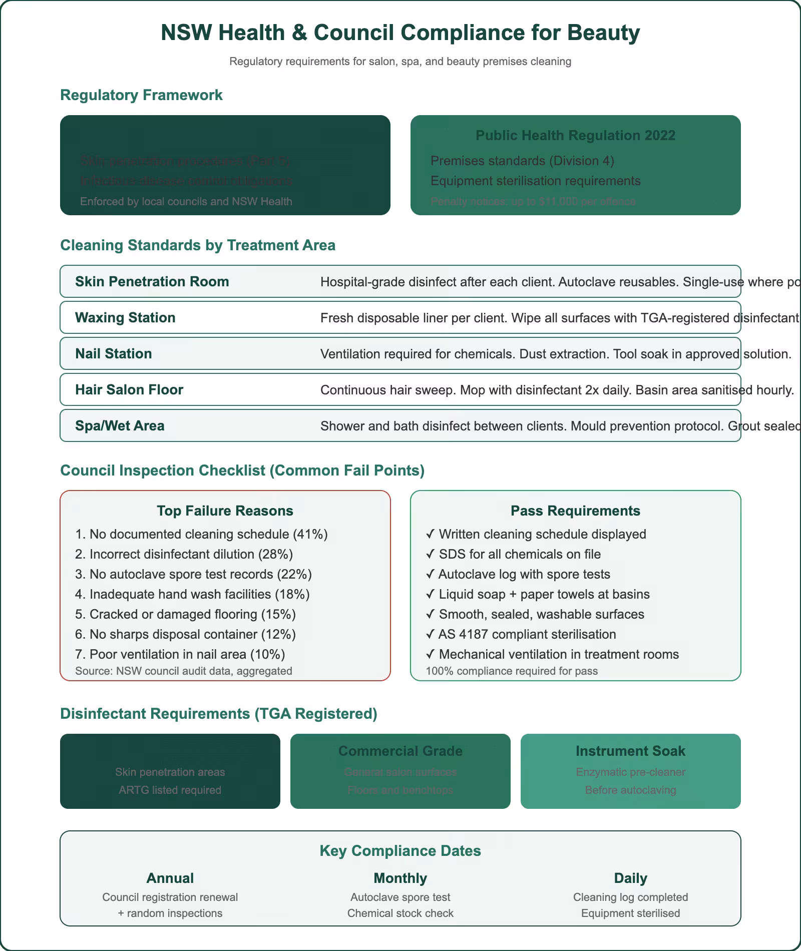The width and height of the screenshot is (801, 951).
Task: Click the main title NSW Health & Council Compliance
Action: tap(400, 33)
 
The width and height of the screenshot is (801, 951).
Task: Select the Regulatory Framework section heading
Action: tap(141, 95)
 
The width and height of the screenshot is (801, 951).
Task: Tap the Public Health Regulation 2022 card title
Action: tap(575, 136)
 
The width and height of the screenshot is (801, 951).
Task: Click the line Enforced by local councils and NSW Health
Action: tap(186, 202)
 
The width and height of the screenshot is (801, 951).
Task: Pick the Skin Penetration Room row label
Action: tap(152, 282)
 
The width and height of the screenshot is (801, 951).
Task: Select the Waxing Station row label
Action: tap(125, 318)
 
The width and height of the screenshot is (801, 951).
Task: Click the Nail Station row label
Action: tap(113, 354)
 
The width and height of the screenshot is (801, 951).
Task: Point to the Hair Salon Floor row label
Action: tap(129, 390)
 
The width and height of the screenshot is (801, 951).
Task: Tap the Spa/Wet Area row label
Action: tap(120, 426)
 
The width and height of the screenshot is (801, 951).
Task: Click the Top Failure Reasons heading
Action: tap(225, 511)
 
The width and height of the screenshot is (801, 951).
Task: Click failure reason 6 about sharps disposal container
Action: tap(185, 635)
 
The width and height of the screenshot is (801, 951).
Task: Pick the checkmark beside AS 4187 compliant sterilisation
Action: tap(430, 635)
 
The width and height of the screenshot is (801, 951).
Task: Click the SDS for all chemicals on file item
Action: tap(519, 555)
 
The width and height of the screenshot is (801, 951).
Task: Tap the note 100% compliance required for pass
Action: tap(511, 671)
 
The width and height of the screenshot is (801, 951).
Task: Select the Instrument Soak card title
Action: tap(630, 751)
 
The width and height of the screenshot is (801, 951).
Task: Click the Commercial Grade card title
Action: tap(400, 751)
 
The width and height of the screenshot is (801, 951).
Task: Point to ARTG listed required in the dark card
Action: tap(170, 790)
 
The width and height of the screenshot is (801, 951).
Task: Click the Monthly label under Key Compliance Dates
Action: tap(400, 878)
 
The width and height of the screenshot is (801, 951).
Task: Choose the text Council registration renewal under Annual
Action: tap(170, 897)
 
